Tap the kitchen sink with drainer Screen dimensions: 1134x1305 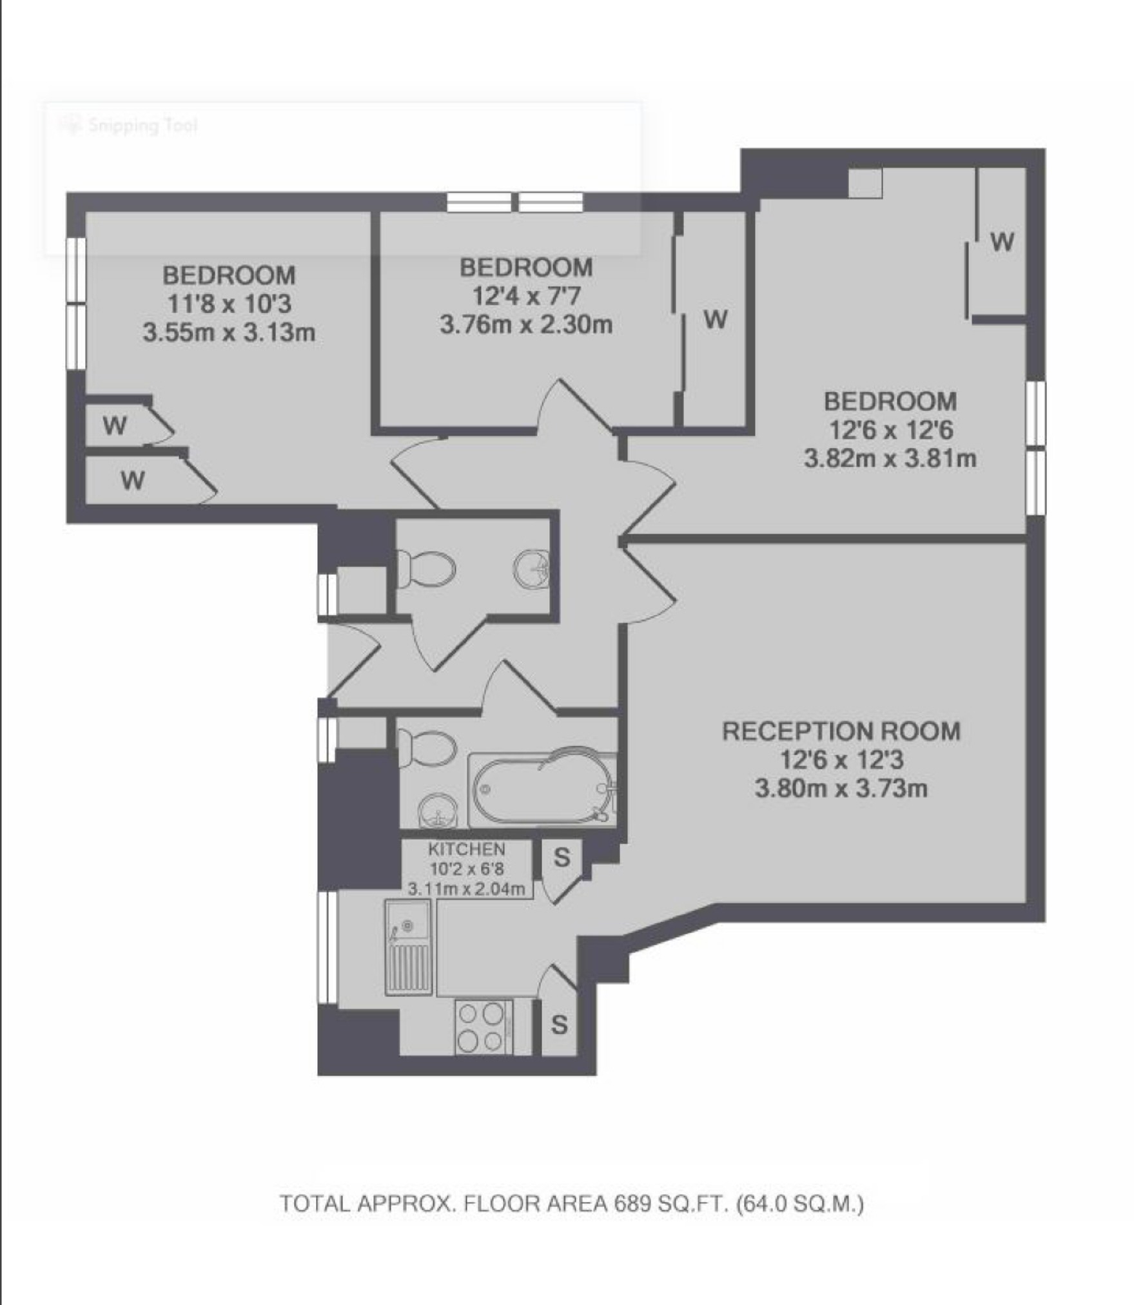[x=409, y=947]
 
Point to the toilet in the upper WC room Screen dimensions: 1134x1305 [x=425, y=568]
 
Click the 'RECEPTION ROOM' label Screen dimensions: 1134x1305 [x=841, y=731]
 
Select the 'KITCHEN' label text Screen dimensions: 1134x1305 [x=467, y=849]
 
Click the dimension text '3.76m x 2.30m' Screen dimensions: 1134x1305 [x=526, y=324]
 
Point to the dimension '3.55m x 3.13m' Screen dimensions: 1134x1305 [x=229, y=333]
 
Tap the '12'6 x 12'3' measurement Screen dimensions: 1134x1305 [x=841, y=760]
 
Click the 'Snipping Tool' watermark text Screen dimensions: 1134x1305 [x=142, y=125]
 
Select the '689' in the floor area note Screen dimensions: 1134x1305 [x=633, y=1203]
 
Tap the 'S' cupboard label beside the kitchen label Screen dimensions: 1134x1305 [x=562, y=857]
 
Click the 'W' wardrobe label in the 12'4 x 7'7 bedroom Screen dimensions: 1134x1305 [x=716, y=319]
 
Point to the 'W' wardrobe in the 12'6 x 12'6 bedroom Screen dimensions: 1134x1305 [x=1002, y=242]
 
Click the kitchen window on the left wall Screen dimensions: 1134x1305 [x=327, y=947]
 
